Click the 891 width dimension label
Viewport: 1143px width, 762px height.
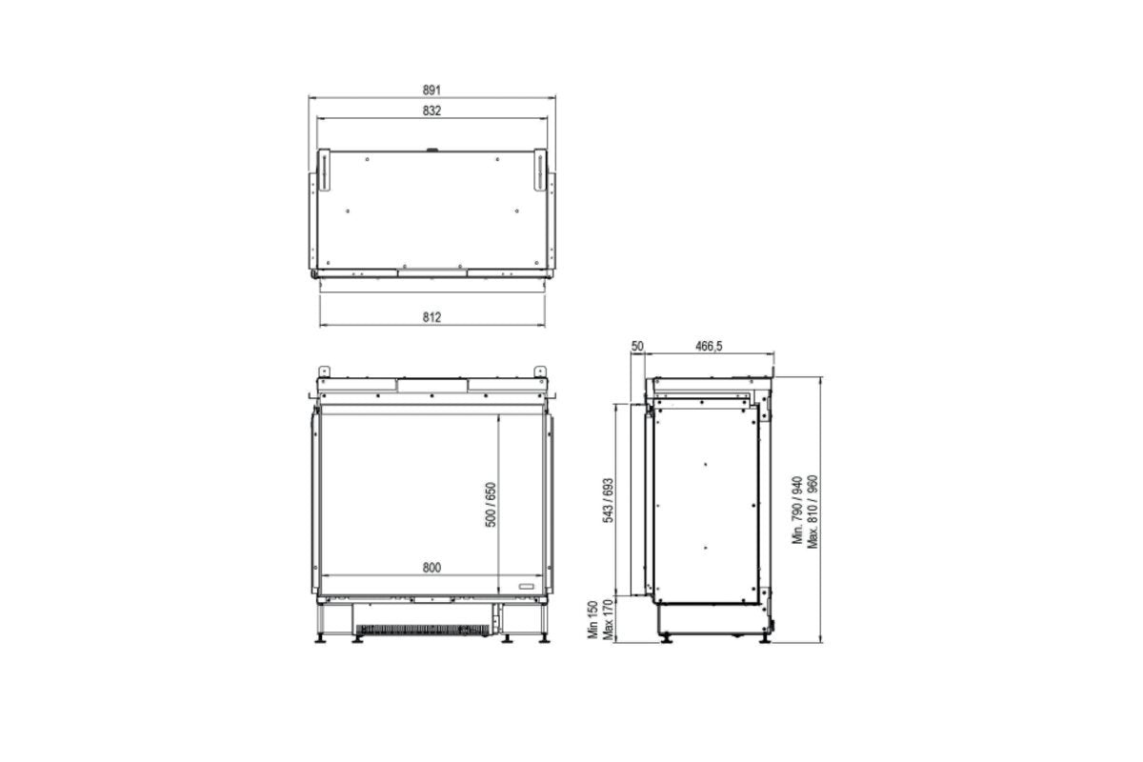point(431,90)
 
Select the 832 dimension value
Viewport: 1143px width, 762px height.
point(431,110)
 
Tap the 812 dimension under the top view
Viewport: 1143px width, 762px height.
point(431,316)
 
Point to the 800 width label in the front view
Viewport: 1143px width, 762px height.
point(431,568)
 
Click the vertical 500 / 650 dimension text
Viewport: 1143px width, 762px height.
point(491,505)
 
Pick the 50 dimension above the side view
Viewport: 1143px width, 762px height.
point(638,347)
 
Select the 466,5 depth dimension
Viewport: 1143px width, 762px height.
point(708,347)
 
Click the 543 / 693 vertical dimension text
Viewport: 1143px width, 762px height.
point(608,499)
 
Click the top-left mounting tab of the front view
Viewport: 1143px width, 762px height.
point(324,371)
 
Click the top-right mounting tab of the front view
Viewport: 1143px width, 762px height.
point(540,371)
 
